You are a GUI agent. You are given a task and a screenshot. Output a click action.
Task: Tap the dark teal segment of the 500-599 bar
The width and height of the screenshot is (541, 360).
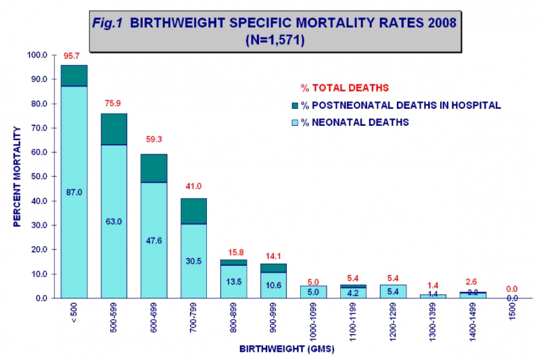(x=114, y=129)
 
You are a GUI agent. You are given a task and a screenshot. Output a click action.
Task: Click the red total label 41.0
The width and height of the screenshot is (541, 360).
(x=193, y=185)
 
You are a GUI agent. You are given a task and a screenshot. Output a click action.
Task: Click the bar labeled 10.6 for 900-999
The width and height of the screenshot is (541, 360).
(x=273, y=285)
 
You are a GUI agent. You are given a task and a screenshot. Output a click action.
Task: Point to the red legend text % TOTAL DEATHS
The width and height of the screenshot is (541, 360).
(x=345, y=88)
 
